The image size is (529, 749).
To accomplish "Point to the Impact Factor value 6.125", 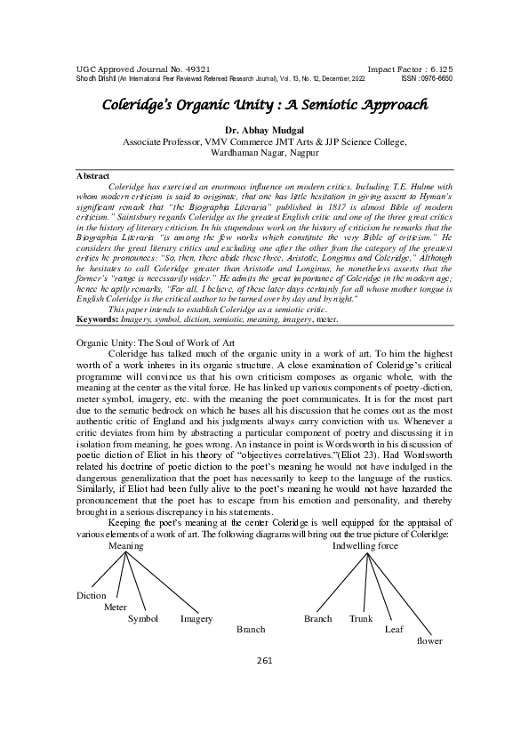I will pos(438,68).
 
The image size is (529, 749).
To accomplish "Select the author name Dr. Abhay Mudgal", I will pos(264,130).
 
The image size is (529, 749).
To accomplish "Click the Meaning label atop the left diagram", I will pos(125,545).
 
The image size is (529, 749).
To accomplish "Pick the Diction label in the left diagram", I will pos(92,595).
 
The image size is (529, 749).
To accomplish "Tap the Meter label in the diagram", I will pos(116,607).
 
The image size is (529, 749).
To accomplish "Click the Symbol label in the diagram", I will pos(143,618).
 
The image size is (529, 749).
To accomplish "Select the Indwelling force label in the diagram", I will pos(365,545).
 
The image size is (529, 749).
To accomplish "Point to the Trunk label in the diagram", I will pos(361,618).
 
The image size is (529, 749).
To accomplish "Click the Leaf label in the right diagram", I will pos(394,629).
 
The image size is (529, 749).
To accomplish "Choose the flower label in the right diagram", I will pos(429,640).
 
